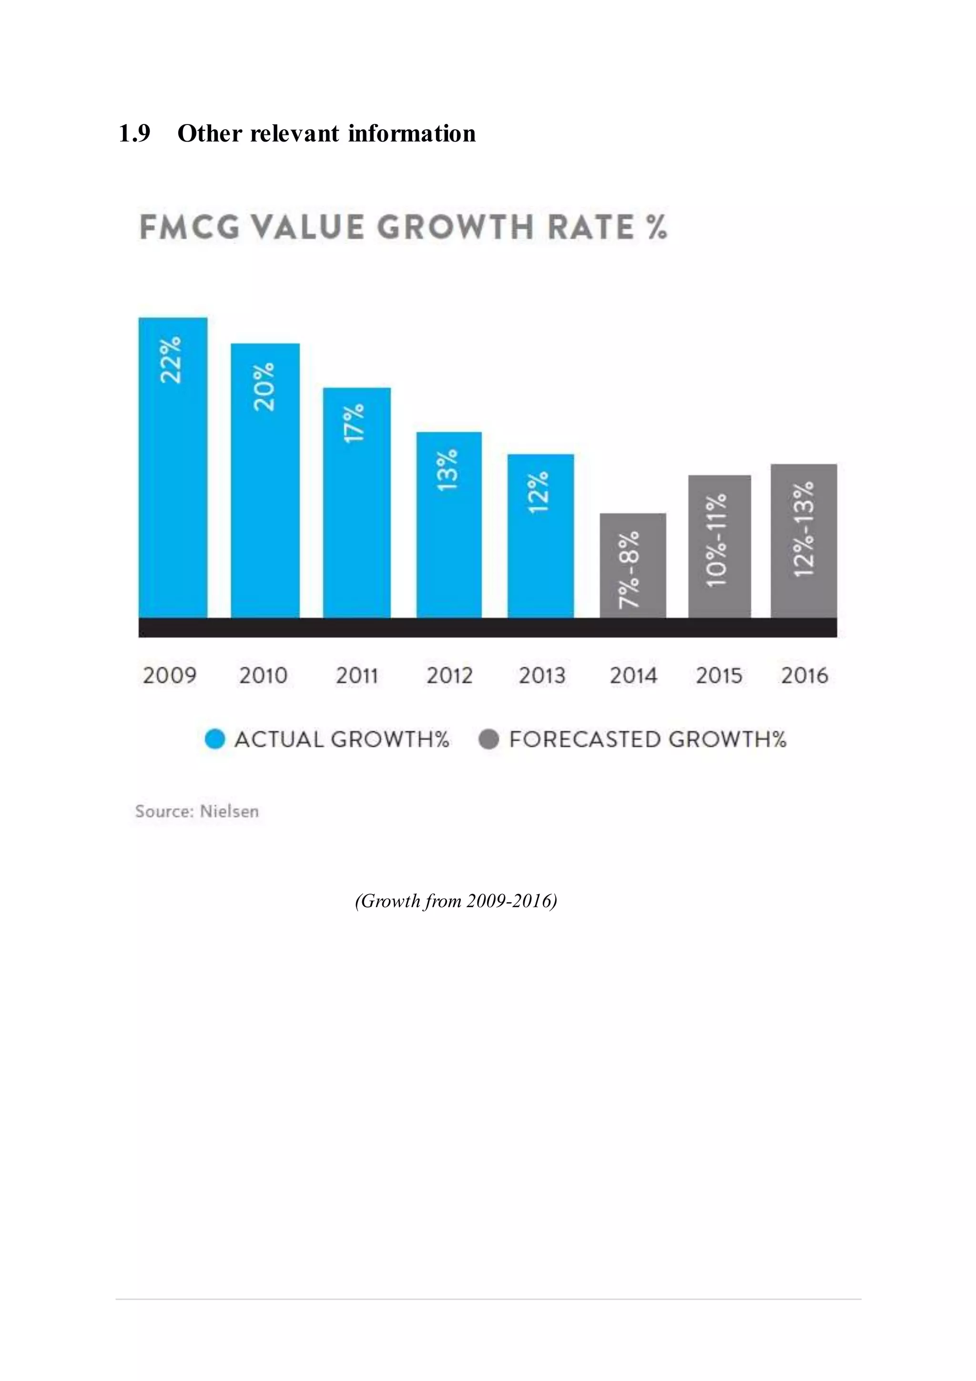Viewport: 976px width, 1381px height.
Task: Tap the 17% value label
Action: [355, 423]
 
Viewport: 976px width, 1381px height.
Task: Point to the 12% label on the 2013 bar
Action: [539, 492]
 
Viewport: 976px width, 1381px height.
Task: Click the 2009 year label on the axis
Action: [170, 675]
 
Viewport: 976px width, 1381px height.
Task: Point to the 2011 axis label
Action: [357, 675]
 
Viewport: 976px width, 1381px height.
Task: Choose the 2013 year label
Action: [541, 675]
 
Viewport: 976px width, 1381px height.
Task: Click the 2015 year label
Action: [719, 675]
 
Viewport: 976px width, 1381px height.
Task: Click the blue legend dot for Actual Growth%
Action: [214, 739]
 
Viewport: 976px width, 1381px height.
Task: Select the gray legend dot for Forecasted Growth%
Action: [488, 739]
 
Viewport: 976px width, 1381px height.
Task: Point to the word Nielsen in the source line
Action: [229, 812]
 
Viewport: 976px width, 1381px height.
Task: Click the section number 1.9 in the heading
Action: [134, 134]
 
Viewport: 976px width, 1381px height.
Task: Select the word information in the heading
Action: [412, 134]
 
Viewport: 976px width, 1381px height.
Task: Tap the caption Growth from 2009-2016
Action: [456, 900]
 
